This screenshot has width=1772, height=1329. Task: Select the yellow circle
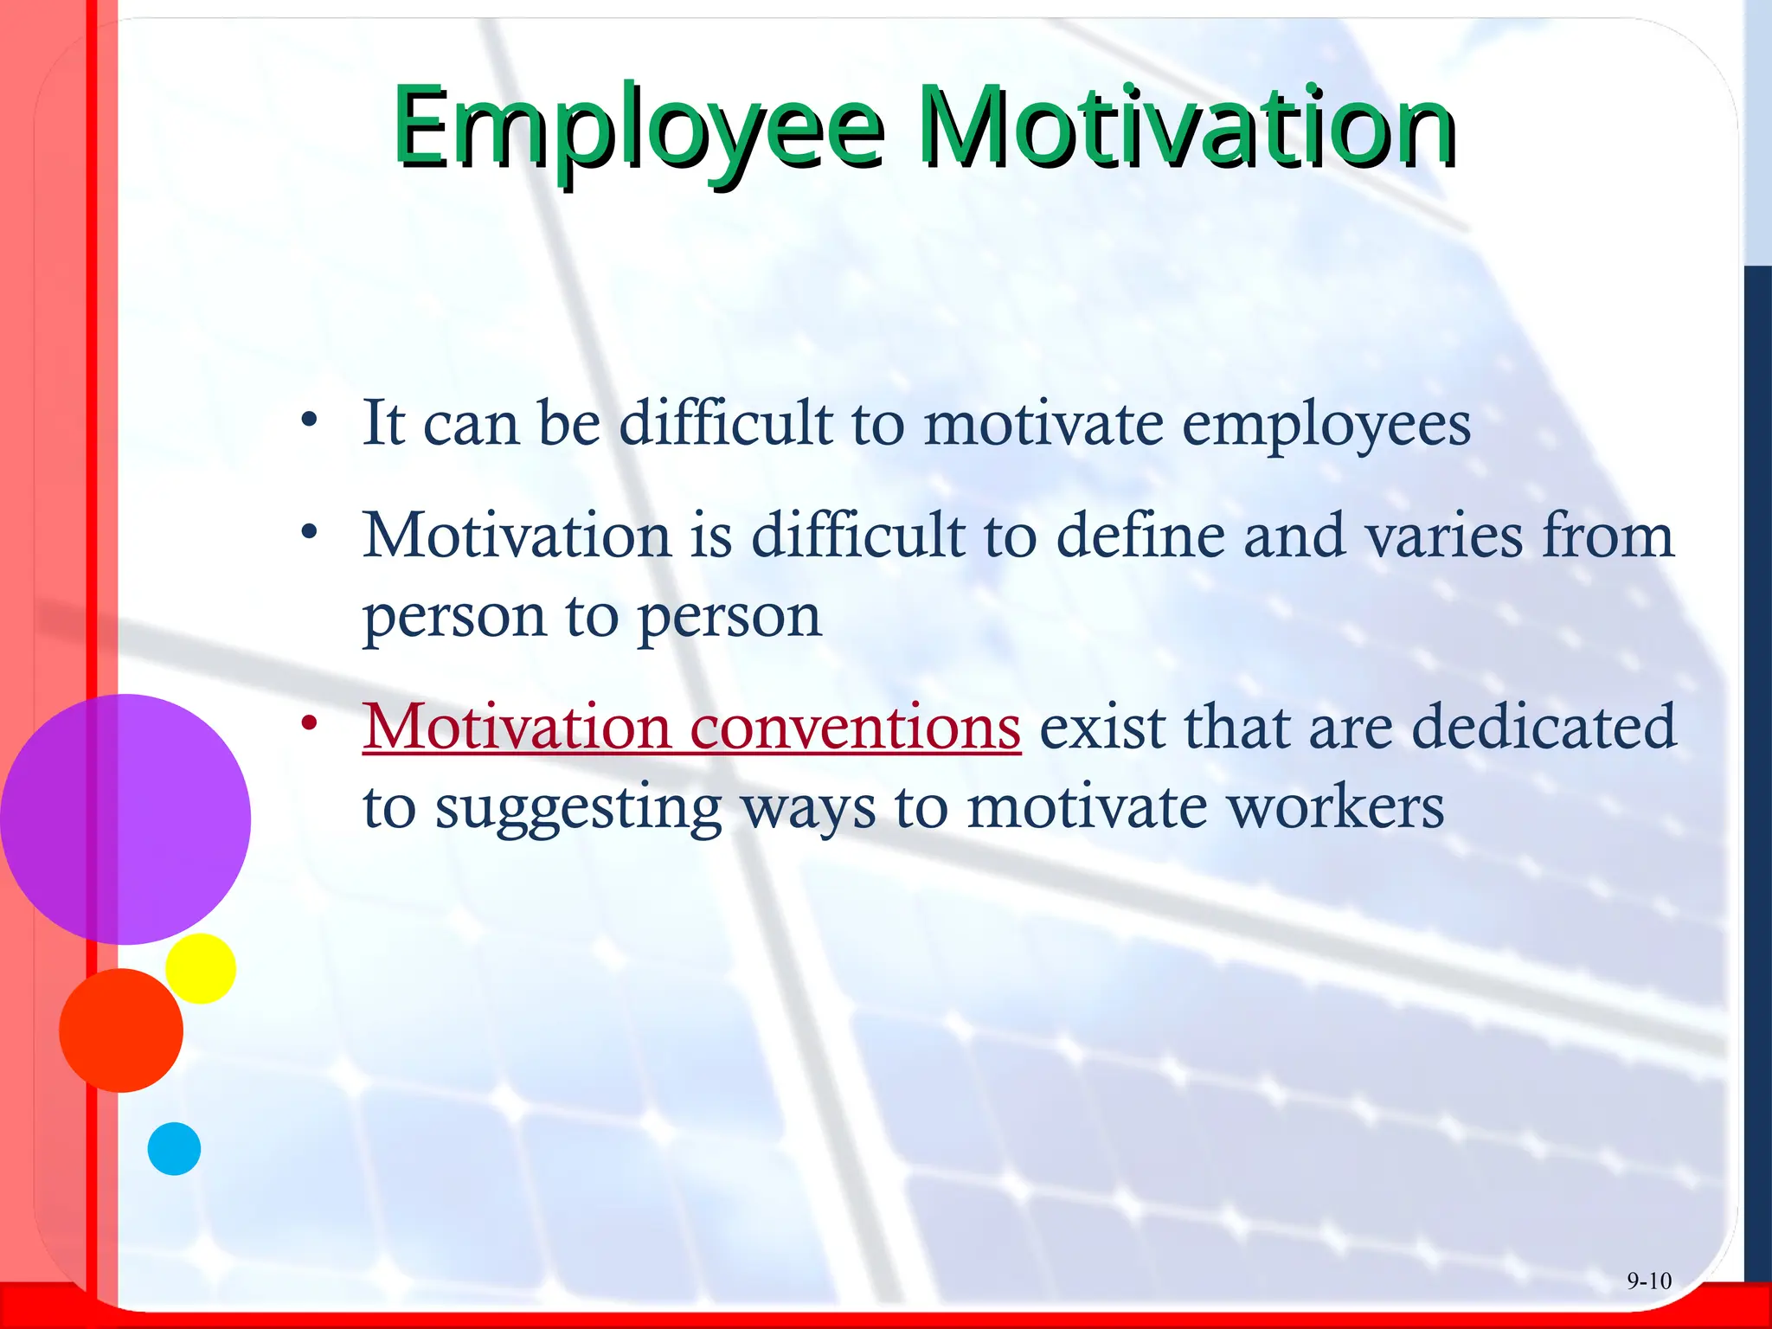[x=201, y=968]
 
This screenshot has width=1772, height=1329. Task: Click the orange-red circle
[x=121, y=1030]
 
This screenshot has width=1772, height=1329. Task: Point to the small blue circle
[x=174, y=1149]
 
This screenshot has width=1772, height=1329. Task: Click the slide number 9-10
[x=1648, y=1281]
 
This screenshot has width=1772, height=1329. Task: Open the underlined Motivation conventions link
[x=691, y=727]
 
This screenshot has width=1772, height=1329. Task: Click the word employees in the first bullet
[x=1326, y=426]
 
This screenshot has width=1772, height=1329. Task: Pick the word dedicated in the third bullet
[x=1544, y=727]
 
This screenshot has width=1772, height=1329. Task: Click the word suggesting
[x=578, y=810]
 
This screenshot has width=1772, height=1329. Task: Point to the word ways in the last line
[x=809, y=810]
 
